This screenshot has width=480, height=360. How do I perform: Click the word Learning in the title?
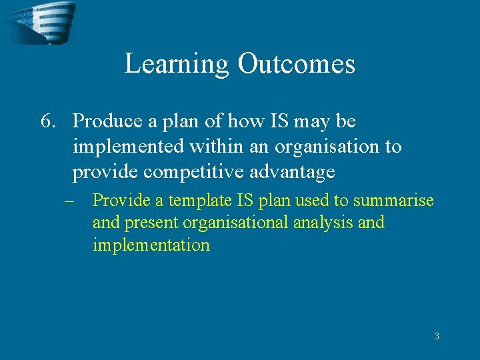(177, 65)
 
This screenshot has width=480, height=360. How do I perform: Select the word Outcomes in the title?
(296, 64)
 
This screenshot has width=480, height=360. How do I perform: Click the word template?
(199, 201)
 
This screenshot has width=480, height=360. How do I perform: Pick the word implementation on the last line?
(151, 245)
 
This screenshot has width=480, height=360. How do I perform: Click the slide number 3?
(437, 337)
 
